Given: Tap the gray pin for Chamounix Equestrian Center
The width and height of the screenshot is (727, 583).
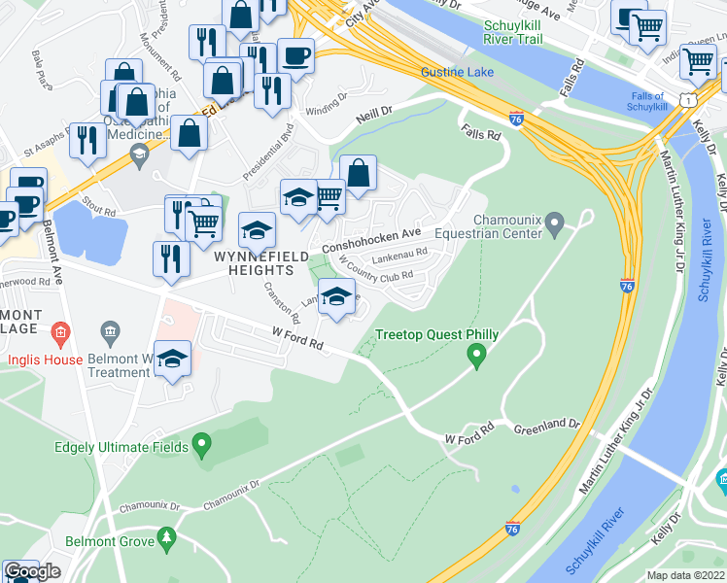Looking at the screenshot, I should (x=554, y=226).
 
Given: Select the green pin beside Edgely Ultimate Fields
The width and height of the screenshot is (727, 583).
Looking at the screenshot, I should (x=201, y=446).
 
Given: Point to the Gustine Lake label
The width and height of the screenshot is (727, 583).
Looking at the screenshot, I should (x=457, y=73).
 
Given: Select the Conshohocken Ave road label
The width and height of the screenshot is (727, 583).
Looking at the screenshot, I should (x=378, y=234).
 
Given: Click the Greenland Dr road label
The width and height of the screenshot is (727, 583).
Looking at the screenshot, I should (x=547, y=425).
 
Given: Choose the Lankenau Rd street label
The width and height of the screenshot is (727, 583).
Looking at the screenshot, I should (x=399, y=257).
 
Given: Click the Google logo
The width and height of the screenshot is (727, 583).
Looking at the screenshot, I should (x=32, y=571).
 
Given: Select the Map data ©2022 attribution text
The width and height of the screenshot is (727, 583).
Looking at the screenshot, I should (x=685, y=575).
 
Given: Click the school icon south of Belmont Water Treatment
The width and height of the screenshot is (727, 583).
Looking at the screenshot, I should (x=172, y=360).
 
